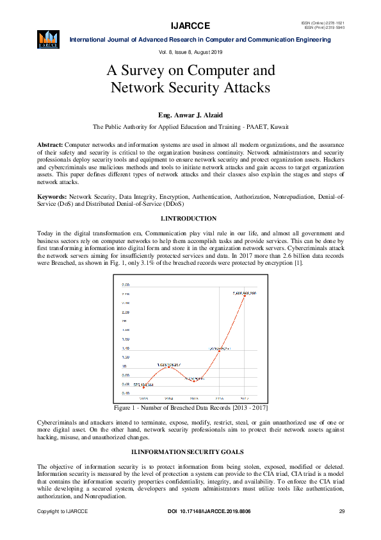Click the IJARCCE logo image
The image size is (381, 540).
(48, 38)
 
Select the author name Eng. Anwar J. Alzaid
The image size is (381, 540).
(190, 115)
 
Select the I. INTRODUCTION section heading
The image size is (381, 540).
(190, 219)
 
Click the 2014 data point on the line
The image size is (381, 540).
(169, 366)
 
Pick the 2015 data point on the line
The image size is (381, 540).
(194, 380)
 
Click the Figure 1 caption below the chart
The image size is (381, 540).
(190, 408)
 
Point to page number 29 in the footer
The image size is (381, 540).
(342, 511)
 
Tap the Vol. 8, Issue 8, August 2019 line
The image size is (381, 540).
(190, 51)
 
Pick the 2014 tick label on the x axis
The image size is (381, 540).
(169, 398)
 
